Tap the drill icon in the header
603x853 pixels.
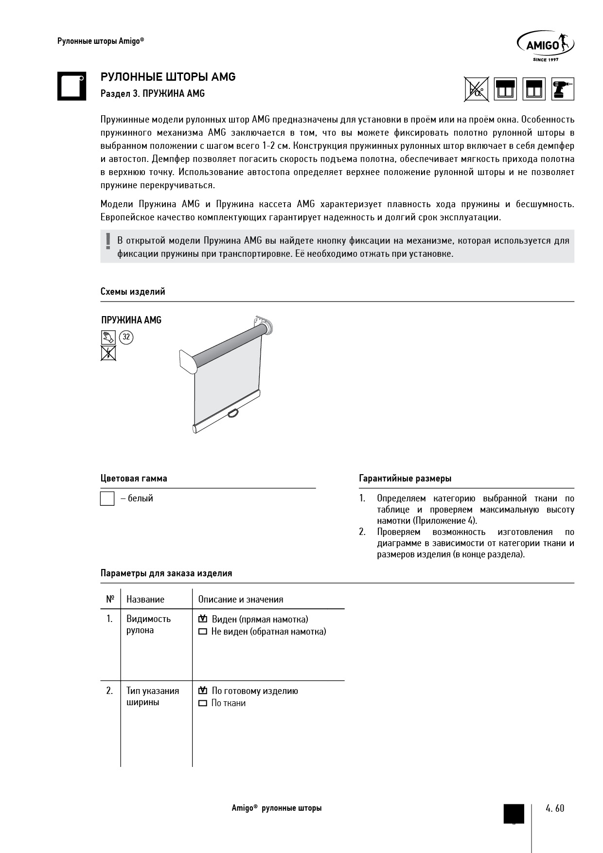click(563, 89)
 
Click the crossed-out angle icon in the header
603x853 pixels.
click(476, 89)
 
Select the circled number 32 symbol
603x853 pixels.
click(126, 337)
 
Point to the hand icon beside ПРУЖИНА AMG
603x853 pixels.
click(108, 337)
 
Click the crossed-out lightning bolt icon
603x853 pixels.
click(108, 353)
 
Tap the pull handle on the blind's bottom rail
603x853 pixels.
click(234, 413)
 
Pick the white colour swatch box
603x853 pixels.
click(107, 499)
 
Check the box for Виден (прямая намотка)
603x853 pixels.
click(203, 619)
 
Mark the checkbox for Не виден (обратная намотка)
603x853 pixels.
click(203, 632)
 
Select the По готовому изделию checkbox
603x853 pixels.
click(203, 691)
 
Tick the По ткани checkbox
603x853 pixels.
click(203, 703)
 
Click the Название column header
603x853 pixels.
click(145, 599)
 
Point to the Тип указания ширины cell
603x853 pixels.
click(153, 696)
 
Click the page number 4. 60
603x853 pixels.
click(555, 808)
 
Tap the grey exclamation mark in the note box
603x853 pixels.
click(108, 242)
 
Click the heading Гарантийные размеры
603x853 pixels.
click(405, 479)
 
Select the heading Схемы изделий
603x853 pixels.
click(133, 292)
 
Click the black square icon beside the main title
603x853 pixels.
click(72, 86)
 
